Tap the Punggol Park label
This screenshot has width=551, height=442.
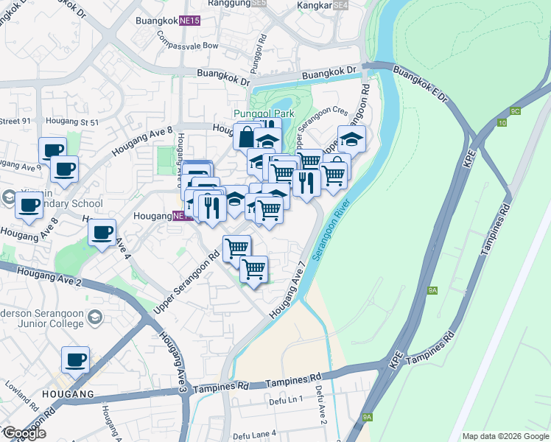pyautogui.click(x=264, y=113)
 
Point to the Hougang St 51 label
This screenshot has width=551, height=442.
pyautogui.click(x=72, y=122)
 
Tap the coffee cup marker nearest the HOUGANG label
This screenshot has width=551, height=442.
pyautogui.click(x=75, y=361)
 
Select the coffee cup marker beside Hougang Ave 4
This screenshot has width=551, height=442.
pyautogui.click(x=102, y=233)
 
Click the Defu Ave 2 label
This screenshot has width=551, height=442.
pyautogui.click(x=320, y=405)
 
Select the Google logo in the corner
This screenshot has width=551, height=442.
pyautogui.click(x=24, y=433)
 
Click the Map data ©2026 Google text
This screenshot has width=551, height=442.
pyautogui.click(x=505, y=436)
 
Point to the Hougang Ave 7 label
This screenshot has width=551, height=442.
pyautogui.click(x=287, y=290)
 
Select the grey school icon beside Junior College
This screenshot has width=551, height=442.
pyautogui.click(x=94, y=318)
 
